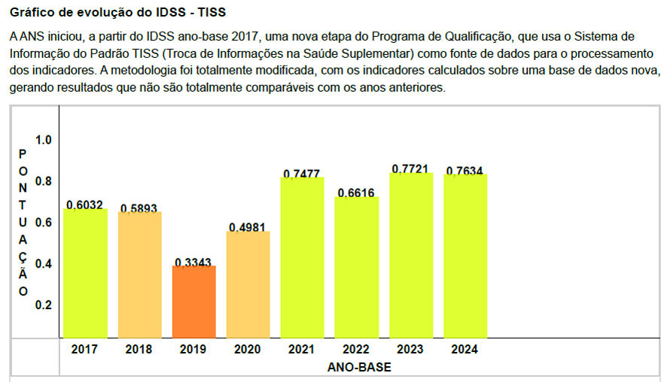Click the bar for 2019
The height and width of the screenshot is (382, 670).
tap(193, 301)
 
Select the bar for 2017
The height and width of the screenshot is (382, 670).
tap(84, 272)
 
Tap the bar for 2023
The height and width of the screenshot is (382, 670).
tap(411, 255)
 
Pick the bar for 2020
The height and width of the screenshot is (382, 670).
tap(248, 284)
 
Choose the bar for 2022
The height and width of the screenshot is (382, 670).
tap(357, 267)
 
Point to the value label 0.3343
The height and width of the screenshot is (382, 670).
tap(193, 262)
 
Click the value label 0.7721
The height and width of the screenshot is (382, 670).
tap(411, 170)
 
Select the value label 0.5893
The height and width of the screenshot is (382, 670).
tap(139, 208)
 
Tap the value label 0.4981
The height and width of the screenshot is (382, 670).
tap(248, 228)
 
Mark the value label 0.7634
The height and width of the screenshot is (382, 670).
tap(464, 171)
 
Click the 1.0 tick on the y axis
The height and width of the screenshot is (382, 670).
tap(43, 140)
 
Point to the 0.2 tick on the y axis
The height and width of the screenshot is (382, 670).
tap(43, 305)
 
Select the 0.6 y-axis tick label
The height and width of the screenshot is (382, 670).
tap(43, 223)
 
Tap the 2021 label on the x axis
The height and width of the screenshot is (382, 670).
tap(302, 350)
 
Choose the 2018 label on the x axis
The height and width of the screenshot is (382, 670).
tap(139, 350)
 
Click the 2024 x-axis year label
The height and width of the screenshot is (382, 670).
tap(464, 350)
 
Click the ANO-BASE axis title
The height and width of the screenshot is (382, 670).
tap(359, 368)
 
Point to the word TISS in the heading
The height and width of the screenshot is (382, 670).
tap(210, 13)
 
